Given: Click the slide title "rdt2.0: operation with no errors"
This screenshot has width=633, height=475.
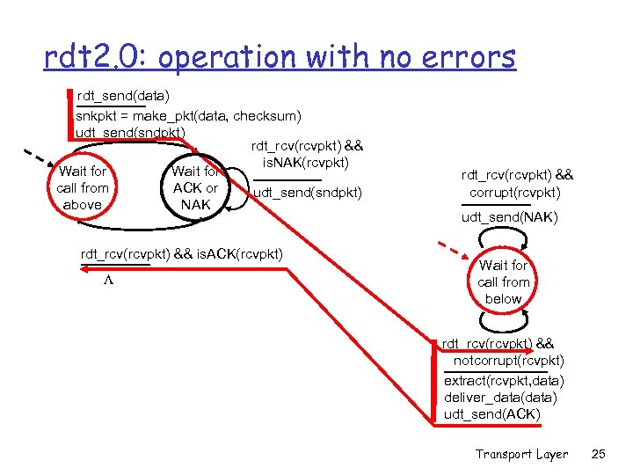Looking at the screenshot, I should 280,57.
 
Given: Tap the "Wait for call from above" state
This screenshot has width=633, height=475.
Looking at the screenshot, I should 83,188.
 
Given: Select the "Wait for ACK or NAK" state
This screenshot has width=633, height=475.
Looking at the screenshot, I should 195,188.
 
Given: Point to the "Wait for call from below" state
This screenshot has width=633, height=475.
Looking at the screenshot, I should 504,281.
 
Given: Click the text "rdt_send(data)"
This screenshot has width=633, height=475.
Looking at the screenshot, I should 124,94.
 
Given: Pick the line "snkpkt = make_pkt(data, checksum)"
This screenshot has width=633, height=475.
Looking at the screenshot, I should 189,115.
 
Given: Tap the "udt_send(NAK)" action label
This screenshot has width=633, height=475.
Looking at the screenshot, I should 509,217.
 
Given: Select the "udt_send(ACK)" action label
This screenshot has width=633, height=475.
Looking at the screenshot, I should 492,413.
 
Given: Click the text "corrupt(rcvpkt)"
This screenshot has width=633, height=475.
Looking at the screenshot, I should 515,192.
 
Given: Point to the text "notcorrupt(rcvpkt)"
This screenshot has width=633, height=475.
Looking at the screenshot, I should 509,361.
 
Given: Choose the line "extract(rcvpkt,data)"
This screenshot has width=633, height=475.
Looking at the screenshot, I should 504,380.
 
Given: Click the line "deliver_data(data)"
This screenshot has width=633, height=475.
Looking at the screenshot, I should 500,398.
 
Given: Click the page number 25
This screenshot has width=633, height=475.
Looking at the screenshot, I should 599,454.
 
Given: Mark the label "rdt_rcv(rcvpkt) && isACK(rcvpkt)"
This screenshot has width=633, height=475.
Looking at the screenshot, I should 181,254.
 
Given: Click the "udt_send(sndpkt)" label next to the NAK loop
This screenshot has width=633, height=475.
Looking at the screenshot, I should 307,193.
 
